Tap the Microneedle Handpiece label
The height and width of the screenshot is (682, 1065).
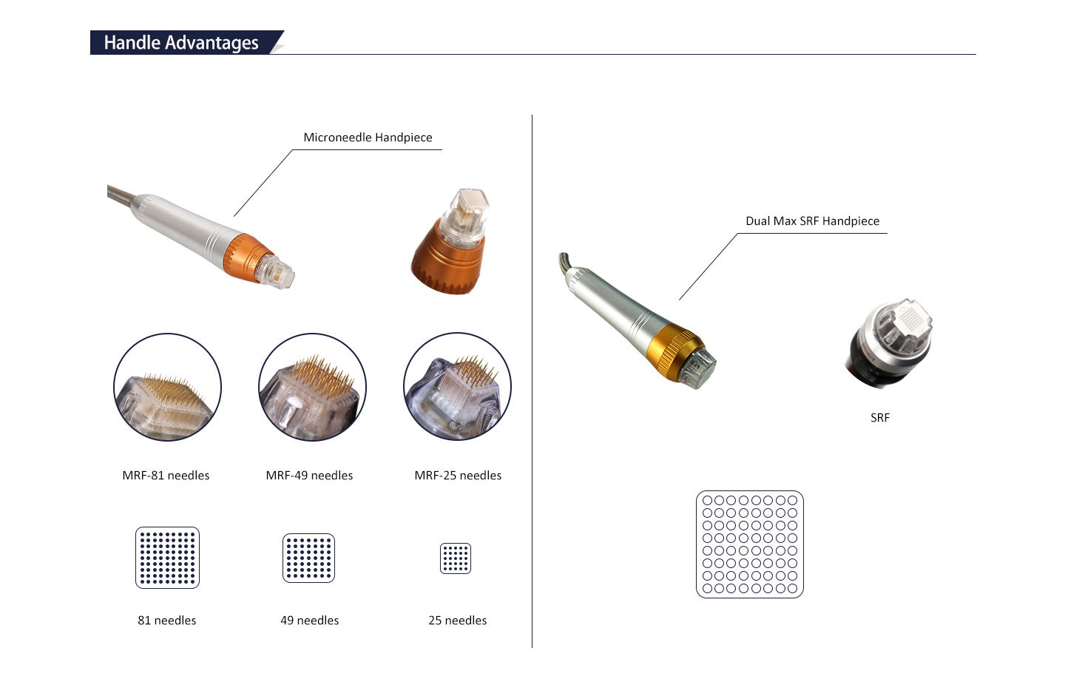pos(368,138)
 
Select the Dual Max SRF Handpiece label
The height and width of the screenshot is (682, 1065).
pos(812,221)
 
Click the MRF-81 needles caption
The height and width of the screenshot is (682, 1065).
pos(166,476)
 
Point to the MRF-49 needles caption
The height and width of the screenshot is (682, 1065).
pos(309,476)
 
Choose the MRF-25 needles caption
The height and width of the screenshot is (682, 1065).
pos(458,476)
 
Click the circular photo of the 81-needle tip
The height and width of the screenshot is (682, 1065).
pos(168,387)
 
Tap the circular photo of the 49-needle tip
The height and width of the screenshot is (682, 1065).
pos(312,387)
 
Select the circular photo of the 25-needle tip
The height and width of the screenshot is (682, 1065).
pos(457,387)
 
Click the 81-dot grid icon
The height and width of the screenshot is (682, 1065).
pos(168,558)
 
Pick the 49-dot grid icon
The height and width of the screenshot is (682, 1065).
pos(309,558)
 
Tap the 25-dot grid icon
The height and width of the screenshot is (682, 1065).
pos(456,558)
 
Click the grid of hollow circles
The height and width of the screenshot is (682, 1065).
pos(750,544)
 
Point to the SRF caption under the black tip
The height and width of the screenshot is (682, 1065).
pos(880,418)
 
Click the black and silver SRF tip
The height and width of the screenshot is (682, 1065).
pos(888,343)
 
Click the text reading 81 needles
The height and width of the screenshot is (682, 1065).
pos(167,621)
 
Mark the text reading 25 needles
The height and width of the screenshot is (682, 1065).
pos(458,621)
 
